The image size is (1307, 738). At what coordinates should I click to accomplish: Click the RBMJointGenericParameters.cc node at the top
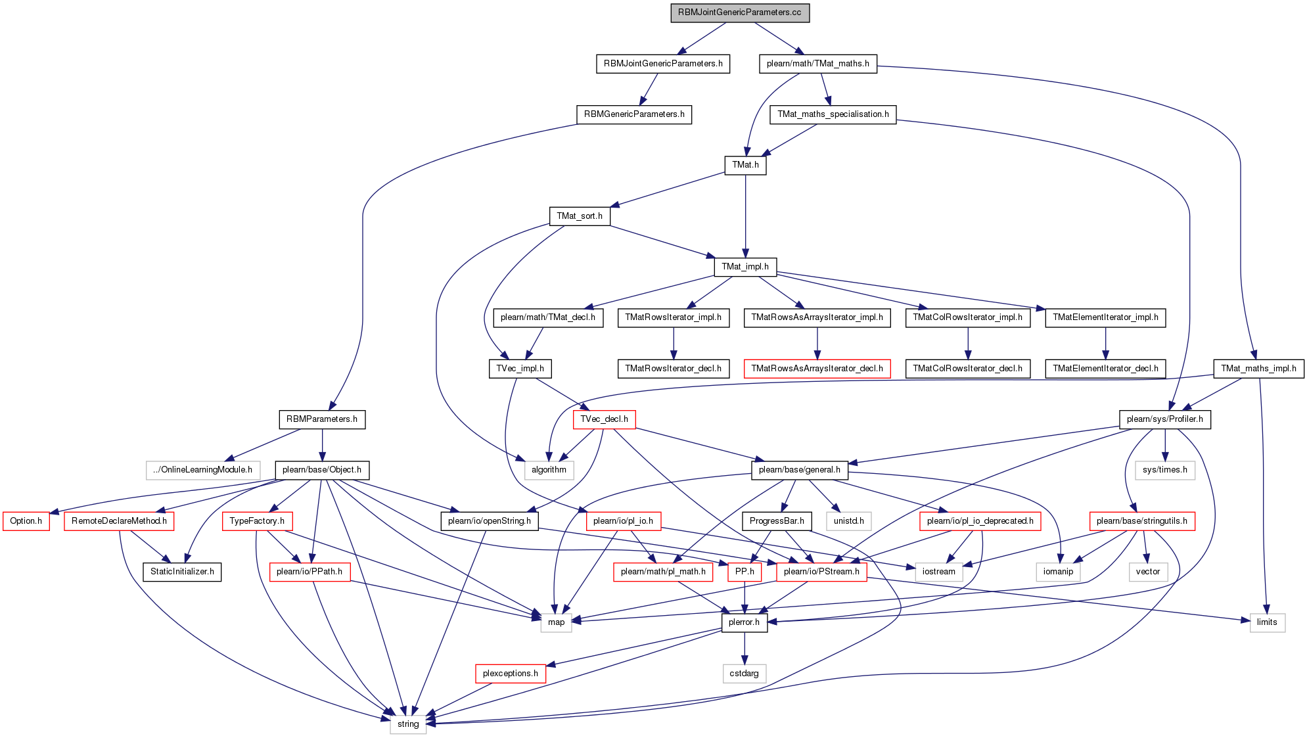740,12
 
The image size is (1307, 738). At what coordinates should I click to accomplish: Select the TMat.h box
745,165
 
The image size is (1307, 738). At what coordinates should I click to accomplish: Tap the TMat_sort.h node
579,216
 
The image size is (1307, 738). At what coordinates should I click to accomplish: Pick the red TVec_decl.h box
604,419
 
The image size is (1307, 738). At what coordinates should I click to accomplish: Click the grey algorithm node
549,470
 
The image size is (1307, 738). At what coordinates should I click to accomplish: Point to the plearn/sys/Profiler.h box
1164,419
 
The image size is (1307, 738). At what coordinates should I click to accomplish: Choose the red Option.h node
26,521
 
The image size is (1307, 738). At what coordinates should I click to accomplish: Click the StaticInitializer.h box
182,572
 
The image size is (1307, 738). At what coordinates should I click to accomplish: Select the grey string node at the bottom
408,724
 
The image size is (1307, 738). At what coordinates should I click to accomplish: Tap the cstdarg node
745,674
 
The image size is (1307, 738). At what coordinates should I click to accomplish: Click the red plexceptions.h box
510,674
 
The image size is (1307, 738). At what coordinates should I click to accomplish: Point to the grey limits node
1267,622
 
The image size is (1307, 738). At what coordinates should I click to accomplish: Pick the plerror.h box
744,622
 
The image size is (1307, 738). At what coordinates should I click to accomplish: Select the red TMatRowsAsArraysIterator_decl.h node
817,369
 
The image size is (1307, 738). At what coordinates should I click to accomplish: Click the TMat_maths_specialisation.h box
833,114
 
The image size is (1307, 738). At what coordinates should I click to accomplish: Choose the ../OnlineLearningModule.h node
203,470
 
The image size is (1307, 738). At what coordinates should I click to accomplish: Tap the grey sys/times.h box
1164,470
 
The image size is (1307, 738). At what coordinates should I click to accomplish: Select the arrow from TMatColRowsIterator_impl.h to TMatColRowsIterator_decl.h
967,343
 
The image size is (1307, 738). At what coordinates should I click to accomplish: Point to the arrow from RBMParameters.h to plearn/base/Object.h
322,445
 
